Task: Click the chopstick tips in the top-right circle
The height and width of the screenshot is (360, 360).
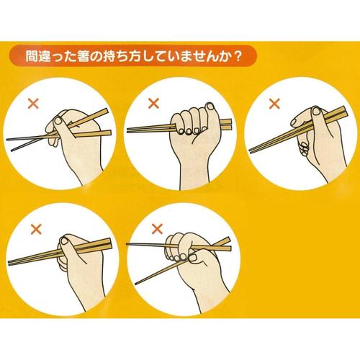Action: [252, 150]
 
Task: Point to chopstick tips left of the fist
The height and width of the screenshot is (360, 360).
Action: [129, 130]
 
